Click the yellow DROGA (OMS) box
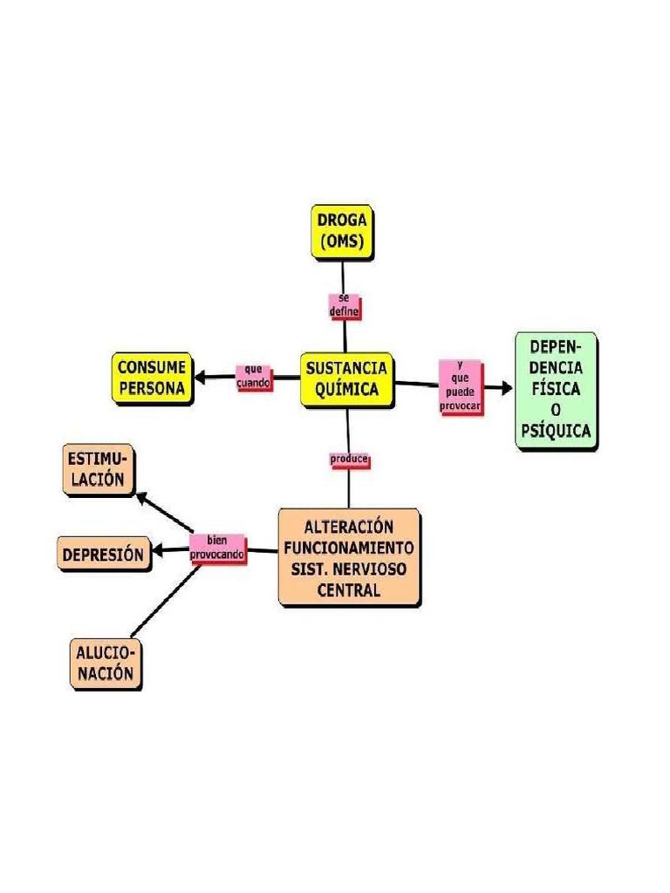(343, 231)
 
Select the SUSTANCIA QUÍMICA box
(346, 379)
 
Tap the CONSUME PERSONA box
(152, 378)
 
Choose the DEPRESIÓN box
(103, 554)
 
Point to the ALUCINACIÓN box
(105, 664)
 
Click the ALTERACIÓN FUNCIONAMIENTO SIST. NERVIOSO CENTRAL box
(349, 557)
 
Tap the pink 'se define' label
(344, 304)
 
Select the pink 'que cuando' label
(254, 377)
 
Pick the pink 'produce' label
(349, 460)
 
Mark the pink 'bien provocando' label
(217, 547)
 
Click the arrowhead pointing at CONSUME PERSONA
(200, 378)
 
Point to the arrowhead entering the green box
(506, 386)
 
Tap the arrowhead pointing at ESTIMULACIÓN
(142, 498)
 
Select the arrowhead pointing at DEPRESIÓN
(158, 550)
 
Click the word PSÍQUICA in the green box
(555, 430)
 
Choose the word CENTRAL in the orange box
(349, 590)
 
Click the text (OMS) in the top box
(342, 242)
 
